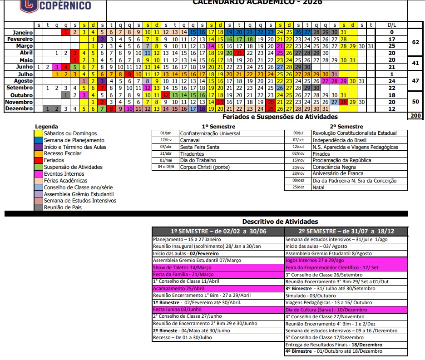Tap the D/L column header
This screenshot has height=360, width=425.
pos(391,25)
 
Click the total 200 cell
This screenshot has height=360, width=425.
pos(415,116)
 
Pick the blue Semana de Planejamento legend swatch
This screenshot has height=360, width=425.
pos(39,140)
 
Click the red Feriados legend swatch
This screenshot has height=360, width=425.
pos(39,160)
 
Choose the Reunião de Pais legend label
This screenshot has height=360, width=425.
pos(62,207)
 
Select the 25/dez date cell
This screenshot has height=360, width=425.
pos(298,187)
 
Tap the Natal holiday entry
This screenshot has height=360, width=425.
pos(318,187)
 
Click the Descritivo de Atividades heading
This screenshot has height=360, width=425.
pos(280,222)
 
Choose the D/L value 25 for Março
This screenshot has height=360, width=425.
pos(391,46)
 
